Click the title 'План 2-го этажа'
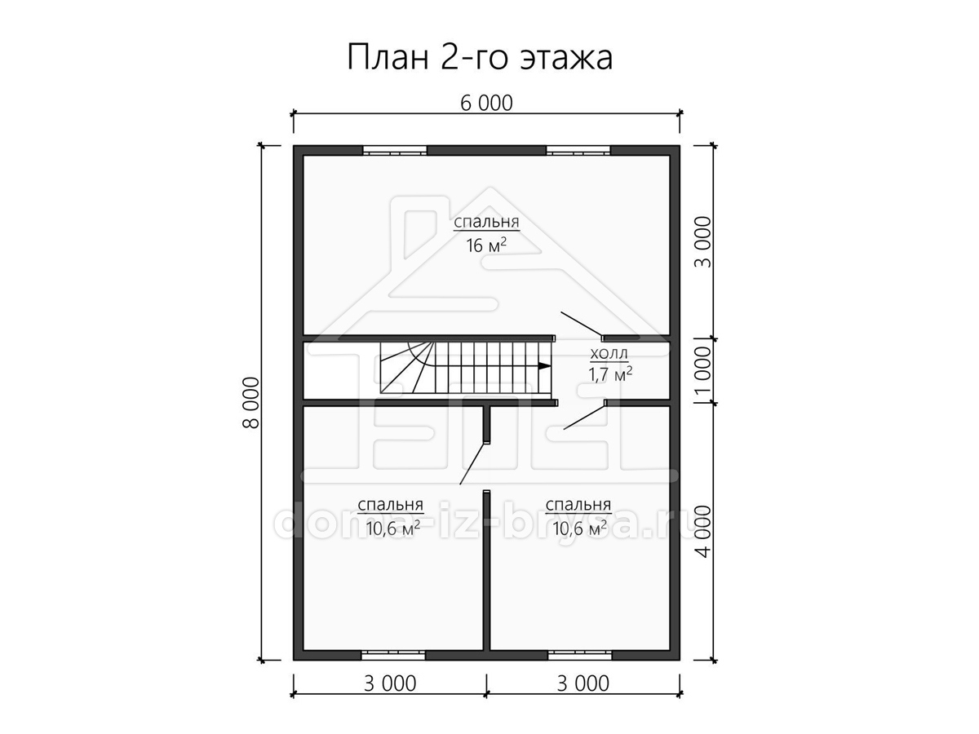point(480,57)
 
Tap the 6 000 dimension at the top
point(486,104)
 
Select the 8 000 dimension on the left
point(251,403)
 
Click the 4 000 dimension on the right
point(703,531)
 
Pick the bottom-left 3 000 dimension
point(390,683)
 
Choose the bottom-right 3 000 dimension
point(583,683)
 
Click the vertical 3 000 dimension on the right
point(703,242)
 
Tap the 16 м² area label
point(486,245)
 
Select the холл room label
point(609,354)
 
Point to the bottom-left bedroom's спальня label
point(390,505)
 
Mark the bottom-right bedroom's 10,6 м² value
point(579,528)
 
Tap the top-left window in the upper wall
point(395,150)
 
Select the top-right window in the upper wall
point(578,150)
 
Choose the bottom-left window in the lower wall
point(393,655)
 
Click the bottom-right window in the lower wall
point(579,655)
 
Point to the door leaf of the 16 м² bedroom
point(581,325)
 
